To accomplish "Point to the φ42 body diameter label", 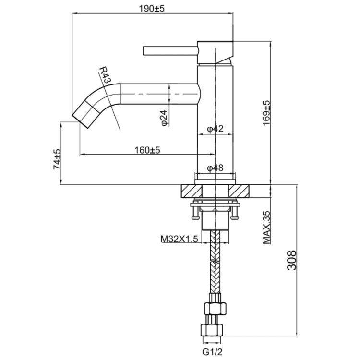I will [x=216, y=129].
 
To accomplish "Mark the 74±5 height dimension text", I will [x=57, y=158].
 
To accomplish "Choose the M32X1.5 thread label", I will [x=179, y=239].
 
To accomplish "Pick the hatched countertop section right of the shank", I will [x=240, y=191].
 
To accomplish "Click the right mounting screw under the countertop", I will [x=235, y=210].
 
